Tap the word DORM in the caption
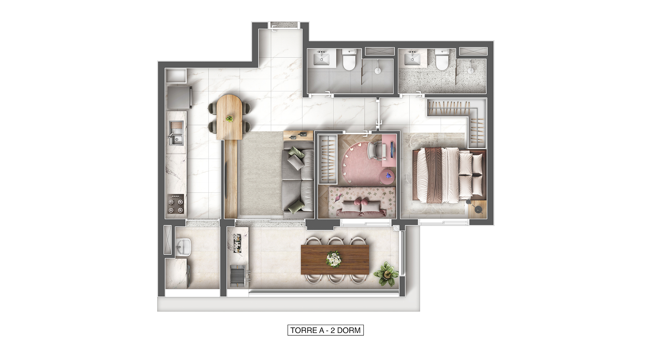click(x=349, y=330)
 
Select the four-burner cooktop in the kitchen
click(x=176, y=204)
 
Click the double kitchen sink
click(x=176, y=133)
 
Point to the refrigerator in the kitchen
click(x=179, y=97)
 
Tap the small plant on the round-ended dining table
click(x=230, y=118)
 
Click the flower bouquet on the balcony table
click(x=334, y=259)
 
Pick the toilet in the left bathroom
click(x=349, y=59)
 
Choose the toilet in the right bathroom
click(x=442, y=59)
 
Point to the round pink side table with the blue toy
click(x=387, y=177)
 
